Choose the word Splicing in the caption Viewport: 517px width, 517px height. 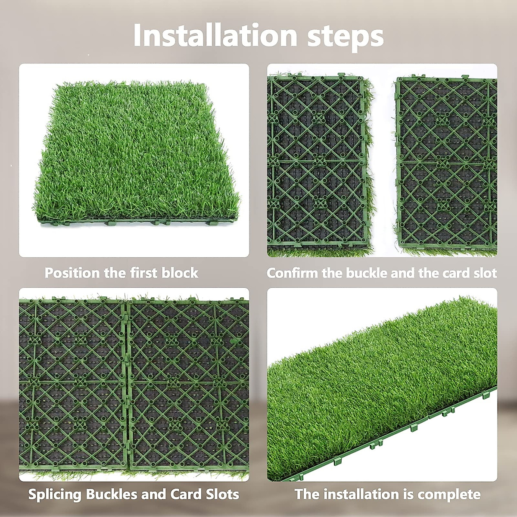(x=55, y=494)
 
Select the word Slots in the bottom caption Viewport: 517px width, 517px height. (x=222, y=494)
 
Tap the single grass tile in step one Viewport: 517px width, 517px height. (x=136, y=151)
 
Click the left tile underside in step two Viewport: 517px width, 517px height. (x=317, y=162)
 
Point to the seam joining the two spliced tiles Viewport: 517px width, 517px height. (x=127, y=383)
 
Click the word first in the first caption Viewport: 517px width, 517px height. (x=143, y=273)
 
